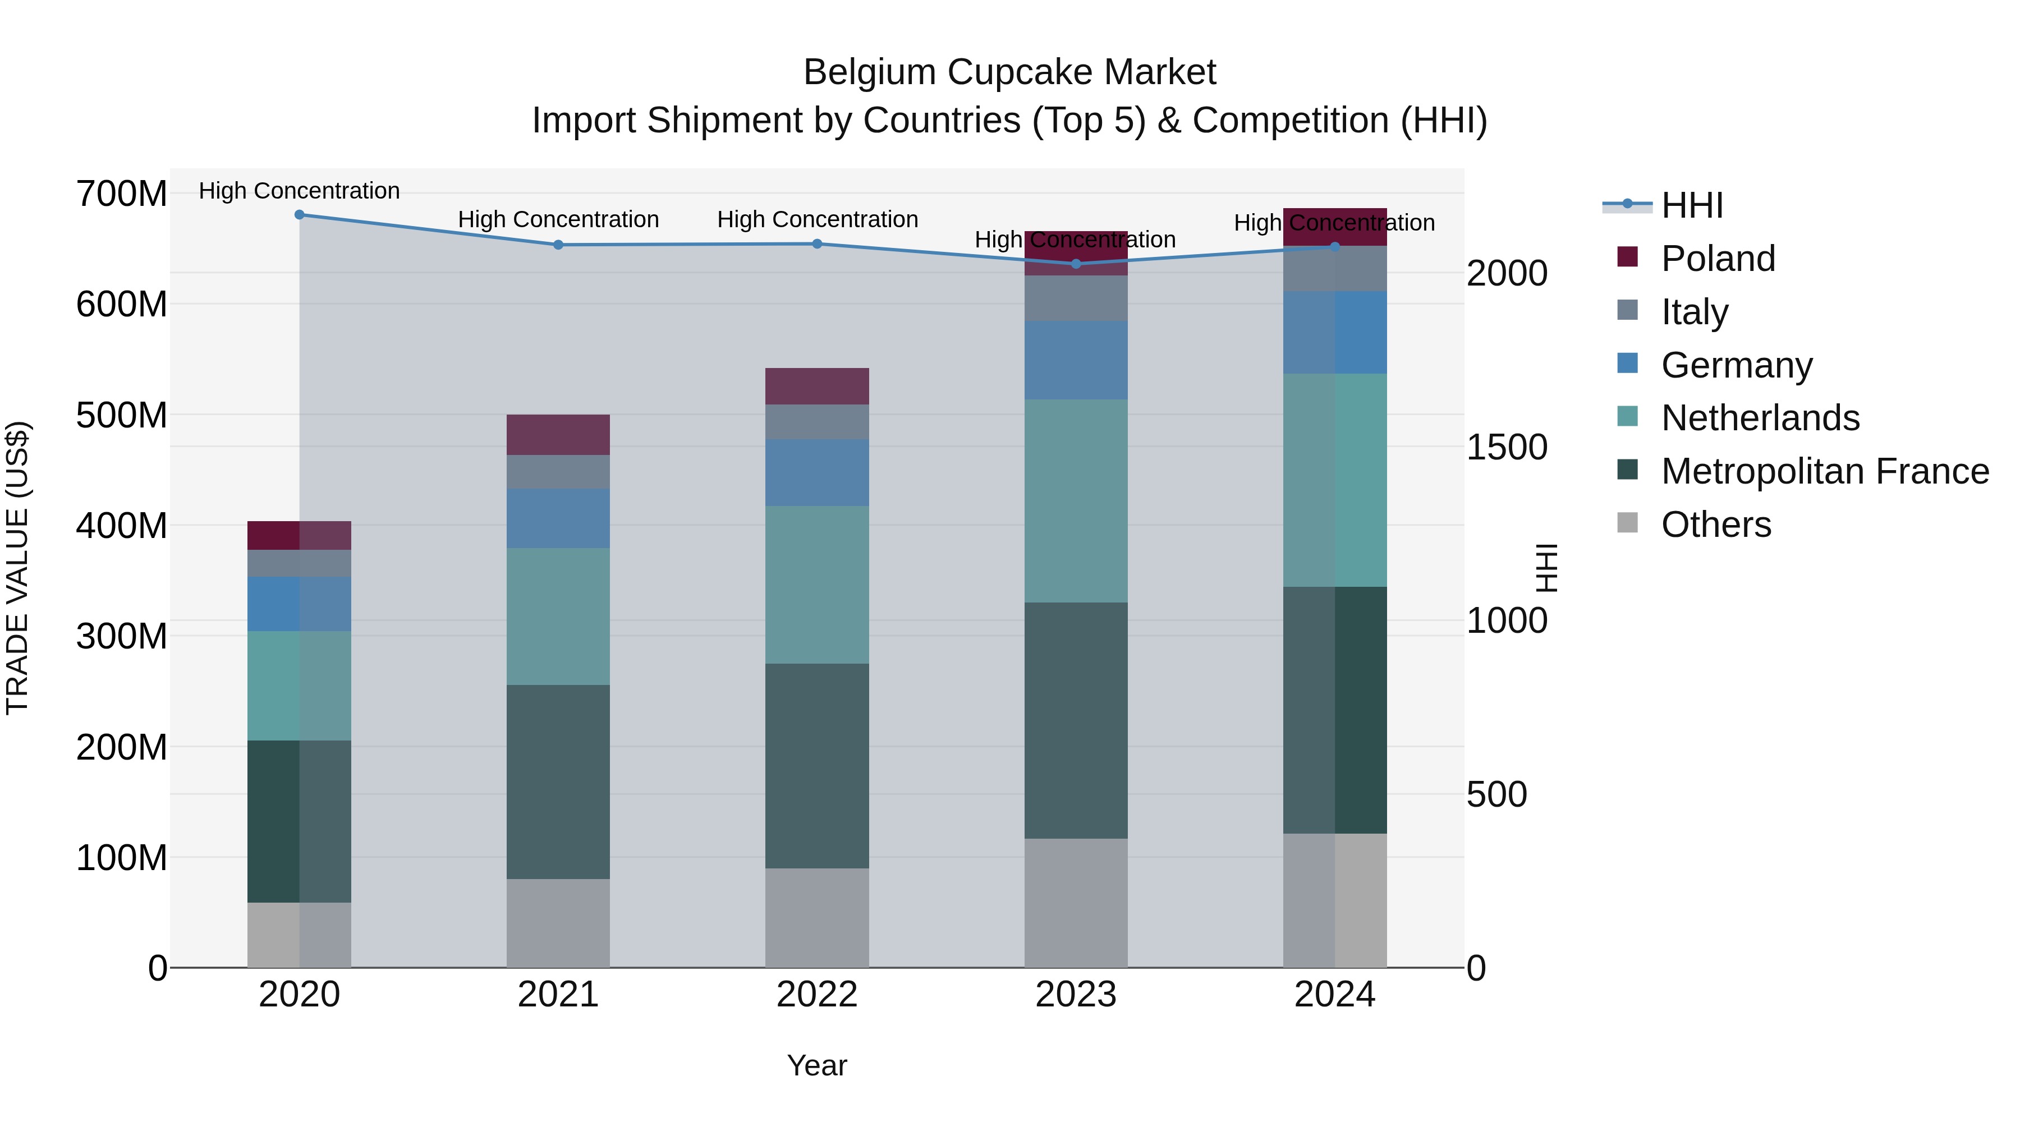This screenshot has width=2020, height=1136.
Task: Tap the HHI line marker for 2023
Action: pos(1075,264)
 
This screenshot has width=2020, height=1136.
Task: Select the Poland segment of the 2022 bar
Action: pos(816,386)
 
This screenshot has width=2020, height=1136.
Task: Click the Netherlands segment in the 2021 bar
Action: pos(558,616)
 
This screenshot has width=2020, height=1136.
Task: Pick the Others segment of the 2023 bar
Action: pos(1075,903)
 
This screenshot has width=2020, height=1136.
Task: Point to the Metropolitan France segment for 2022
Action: pos(816,765)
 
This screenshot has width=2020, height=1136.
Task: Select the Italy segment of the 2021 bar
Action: pos(558,471)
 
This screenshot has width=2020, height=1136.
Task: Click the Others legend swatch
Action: pos(1627,523)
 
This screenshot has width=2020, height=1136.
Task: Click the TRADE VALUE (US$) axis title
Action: pos(17,568)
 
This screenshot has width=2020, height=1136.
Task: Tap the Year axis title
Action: pos(816,1065)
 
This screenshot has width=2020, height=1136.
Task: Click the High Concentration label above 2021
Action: pos(558,219)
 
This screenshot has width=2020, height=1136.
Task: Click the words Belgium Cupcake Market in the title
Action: pos(1009,72)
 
